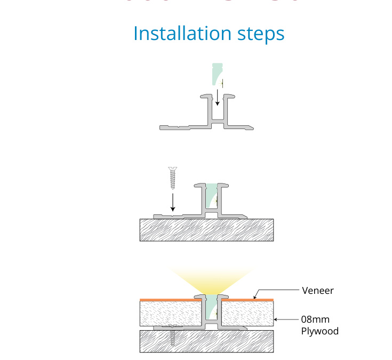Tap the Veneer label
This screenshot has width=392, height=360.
tap(317, 291)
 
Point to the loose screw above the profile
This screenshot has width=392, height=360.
tap(172, 178)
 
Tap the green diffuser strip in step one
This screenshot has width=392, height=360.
tap(215, 75)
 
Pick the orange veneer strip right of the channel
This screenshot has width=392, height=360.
tap(248, 300)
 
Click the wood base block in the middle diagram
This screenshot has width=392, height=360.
tap(206, 230)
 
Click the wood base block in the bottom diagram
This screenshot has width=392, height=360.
tap(206, 341)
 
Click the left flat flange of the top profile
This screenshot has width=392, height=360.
tap(181, 127)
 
